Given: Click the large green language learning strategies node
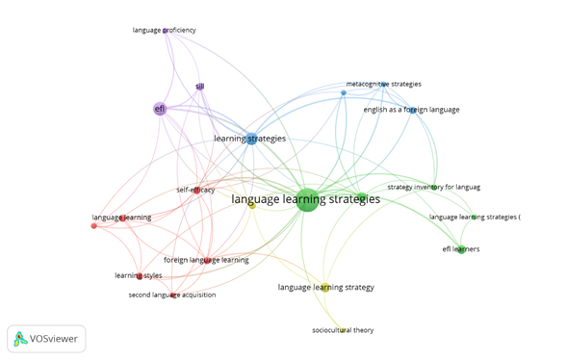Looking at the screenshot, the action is (x=307, y=200).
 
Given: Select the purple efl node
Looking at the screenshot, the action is (x=160, y=109).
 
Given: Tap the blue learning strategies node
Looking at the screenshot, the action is (x=251, y=139).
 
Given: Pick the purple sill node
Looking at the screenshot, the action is (x=200, y=87).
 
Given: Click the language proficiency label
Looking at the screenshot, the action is (x=165, y=30).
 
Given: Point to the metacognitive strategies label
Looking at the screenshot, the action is (x=384, y=84).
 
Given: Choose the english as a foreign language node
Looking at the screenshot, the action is (x=413, y=111).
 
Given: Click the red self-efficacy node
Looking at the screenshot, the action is (x=196, y=191).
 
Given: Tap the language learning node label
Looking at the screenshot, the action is (x=121, y=218).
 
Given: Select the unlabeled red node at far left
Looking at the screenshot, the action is (x=94, y=226).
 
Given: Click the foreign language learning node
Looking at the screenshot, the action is (x=207, y=260).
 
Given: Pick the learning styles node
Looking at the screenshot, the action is (x=140, y=276).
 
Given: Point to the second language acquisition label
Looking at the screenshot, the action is (x=172, y=295).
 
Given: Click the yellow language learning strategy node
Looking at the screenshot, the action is (x=325, y=288).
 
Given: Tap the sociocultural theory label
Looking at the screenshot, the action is (x=343, y=330).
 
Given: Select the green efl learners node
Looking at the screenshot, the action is (x=461, y=249).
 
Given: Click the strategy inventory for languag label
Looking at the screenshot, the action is (x=434, y=188).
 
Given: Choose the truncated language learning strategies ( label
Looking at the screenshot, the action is (x=475, y=217).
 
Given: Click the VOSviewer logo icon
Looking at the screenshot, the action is (x=20, y=339).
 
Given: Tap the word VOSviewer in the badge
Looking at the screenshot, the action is (x=54, y=339).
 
